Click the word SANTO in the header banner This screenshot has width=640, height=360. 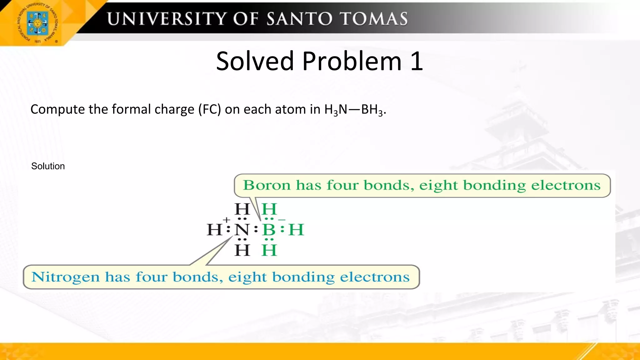[x=300, y=19]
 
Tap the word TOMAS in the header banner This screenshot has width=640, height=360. [x=374, y=19]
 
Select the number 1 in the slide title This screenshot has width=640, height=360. [x=417, y=61]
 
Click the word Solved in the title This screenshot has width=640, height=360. [x=255, y=61]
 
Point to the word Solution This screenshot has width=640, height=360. [x=48, y=166]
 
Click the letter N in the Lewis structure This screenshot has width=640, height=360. [x=242, y=230]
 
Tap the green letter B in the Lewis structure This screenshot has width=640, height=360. [x=269, y=230]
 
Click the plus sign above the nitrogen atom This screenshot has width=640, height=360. [x=227, y=220]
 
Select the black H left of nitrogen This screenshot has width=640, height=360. [x=214, y=230]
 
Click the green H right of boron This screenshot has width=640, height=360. [x=296, y=230]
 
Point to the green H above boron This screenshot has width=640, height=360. [x=269, y=209]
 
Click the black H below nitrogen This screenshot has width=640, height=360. [x=242, y=250]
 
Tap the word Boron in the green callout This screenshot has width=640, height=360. [x=267, y=185]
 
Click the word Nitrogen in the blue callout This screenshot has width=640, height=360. [x=65, y=277]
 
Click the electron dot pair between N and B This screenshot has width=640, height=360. [x=256, y=230]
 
